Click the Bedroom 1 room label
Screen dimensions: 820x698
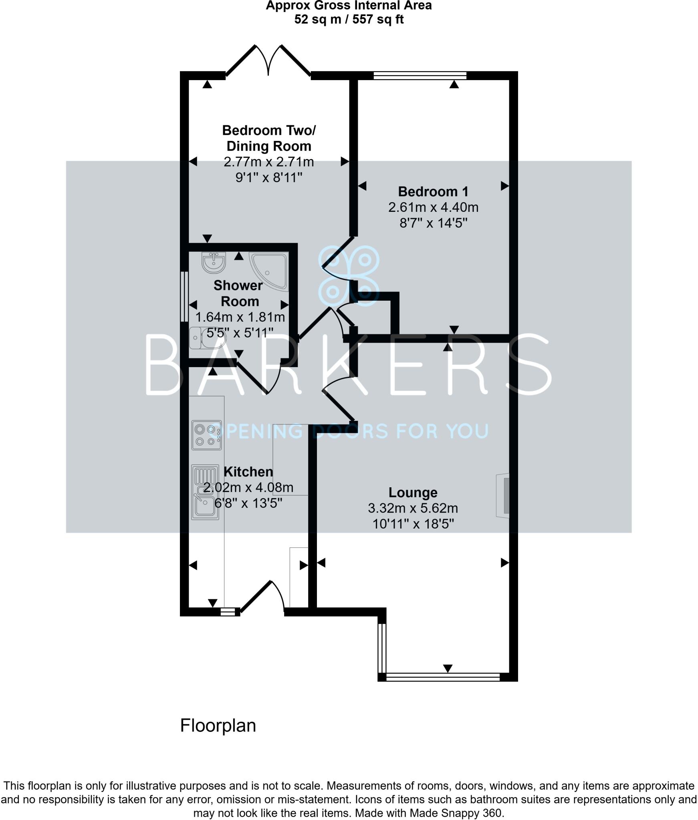click(433, 192)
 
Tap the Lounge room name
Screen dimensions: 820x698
click(413, 492)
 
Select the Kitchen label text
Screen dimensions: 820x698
click(248, 472)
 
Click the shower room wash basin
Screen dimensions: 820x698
click(214, 262)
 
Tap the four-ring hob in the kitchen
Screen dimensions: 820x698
click(206, 435)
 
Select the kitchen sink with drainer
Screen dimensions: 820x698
click(205, 492)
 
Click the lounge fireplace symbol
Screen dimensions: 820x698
click(503, 496)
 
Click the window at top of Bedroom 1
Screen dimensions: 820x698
click(420, 75)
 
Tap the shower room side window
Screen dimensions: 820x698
click(184, 297)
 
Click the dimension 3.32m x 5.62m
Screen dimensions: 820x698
click(413, 508)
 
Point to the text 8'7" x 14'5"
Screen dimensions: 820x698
click(433, 223)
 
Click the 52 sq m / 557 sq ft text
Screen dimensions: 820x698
click(349, 19)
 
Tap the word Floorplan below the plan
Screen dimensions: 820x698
click(218, 726)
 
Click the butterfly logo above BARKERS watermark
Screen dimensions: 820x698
click(349, 276)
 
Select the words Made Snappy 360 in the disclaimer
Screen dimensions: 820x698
click(456, 813)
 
